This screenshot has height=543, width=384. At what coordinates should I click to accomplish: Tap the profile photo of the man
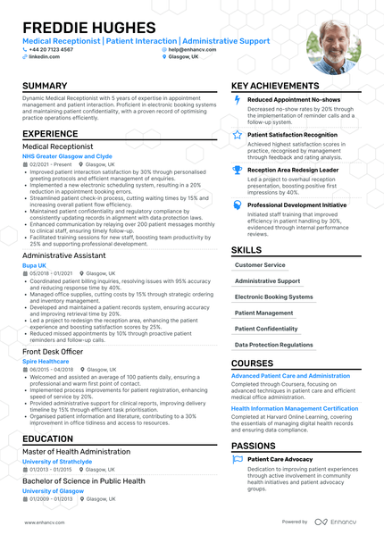click(x=333, y=46)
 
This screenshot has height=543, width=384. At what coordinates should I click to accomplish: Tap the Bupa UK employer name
click(x=35, y=266)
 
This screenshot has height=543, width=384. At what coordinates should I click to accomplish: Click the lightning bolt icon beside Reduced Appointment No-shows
click(x=237, y=100)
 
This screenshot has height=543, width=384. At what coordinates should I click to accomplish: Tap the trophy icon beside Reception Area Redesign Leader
click(x=237, y=169)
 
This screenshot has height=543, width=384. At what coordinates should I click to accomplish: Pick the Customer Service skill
click(x=260, y=265)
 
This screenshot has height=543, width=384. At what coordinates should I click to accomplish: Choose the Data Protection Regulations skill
click(x=274, y=345)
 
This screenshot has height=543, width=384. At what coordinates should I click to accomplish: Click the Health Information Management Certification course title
click(x=295, y=407)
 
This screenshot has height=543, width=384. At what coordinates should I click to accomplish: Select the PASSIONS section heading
click(x=254, y=445)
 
